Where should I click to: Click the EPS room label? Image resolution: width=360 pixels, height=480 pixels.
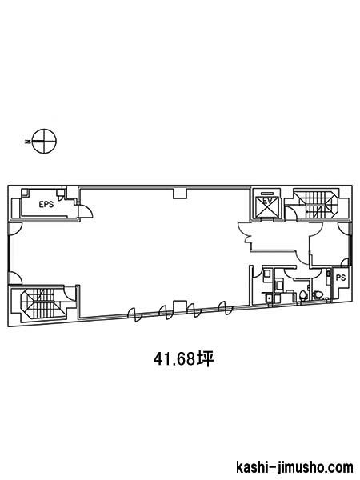coord(46,205)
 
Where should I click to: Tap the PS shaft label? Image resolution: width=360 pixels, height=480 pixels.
coord(341,278)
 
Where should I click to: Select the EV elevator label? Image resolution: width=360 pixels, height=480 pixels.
coord(268,201)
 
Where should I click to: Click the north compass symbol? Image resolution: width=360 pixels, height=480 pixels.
coord(45,141)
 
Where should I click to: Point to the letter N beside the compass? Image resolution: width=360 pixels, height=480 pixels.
coord(27,142)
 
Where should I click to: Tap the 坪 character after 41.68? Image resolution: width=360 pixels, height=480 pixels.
coord(205,359)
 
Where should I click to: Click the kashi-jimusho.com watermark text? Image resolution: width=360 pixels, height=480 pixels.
coord(294,467)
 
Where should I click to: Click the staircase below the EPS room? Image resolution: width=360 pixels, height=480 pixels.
coord(42,304)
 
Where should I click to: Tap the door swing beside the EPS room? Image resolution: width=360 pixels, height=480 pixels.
coord(85,210)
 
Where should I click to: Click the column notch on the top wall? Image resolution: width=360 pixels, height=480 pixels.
coord(180,194)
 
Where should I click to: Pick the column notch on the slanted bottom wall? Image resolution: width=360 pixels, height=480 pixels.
coord(180,306)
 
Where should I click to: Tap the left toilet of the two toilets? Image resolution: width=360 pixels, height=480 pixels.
coord(302,295)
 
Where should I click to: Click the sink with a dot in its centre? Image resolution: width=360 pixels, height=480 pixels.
coord(269,298)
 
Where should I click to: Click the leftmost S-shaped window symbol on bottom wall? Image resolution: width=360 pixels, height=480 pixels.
coord(134,314)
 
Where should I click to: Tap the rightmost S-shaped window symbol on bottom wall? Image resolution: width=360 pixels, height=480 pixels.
coord(226,308)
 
